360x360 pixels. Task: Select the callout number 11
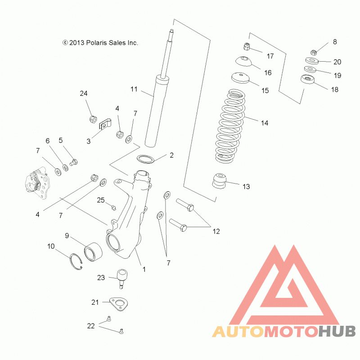pos(134,89)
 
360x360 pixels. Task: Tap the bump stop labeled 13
pos(219,181)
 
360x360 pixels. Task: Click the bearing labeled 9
pos(93,252)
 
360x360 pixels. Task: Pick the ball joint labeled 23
pos(122,279)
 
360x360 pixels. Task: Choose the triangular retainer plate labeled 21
pos(118,304)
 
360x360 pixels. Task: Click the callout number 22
pos(91,326)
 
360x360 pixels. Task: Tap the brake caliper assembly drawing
pos(37,183)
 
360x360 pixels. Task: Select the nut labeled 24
pos(93,119)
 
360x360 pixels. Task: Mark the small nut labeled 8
pos(313,52)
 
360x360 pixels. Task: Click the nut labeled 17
pos(246,47)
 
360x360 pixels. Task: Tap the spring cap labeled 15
pos(240,78)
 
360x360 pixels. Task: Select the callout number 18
pos(335,90)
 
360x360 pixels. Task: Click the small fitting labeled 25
pos(113,207)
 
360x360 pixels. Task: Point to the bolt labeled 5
pos(74,162)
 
